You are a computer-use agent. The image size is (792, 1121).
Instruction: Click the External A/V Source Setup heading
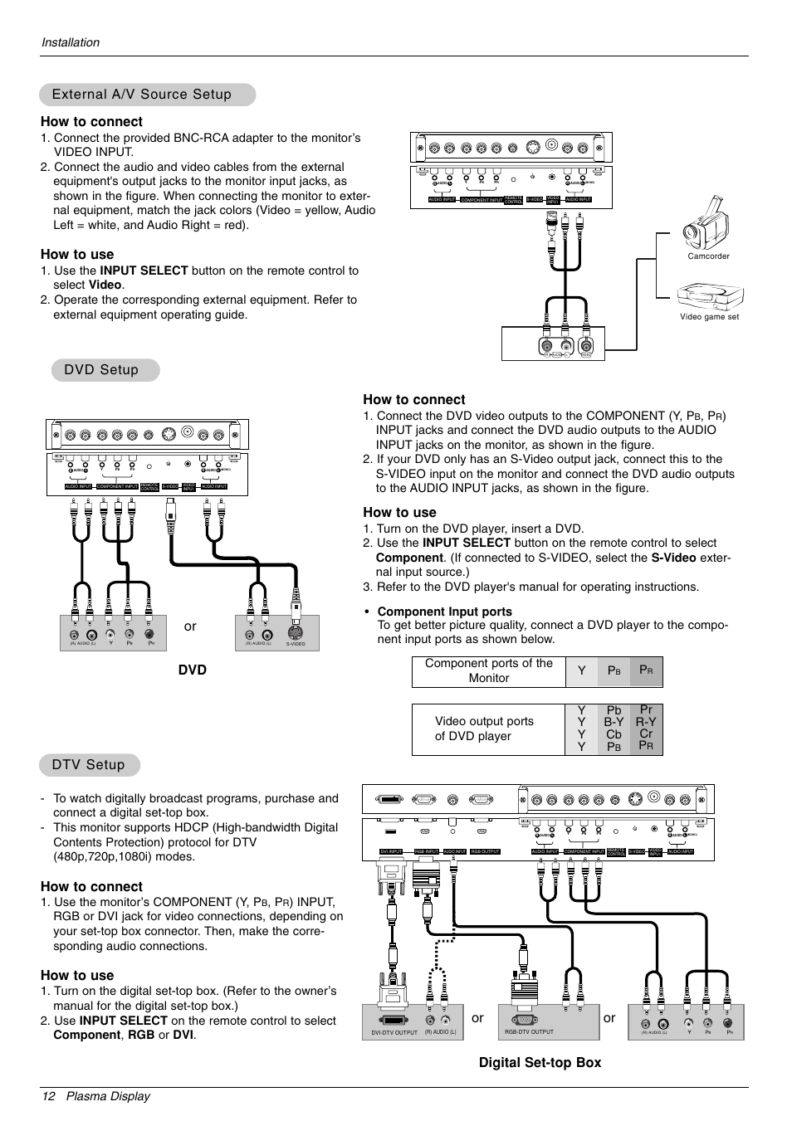pos(142,95)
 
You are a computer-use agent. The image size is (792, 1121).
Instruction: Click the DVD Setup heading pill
pos(101,370)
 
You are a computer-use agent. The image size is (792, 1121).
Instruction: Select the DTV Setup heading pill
pos(88,765)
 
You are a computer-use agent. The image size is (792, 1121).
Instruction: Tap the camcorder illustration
pos(706,224)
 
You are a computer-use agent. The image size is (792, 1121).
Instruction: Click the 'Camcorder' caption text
pos(708,256)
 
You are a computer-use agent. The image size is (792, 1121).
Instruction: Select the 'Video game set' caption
pos(709,317)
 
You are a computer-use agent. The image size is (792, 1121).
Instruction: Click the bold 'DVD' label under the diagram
pos(192,670)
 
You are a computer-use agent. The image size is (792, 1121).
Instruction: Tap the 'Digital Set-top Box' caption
pos(540,1062)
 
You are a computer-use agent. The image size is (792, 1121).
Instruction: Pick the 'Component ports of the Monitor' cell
pos(489,670)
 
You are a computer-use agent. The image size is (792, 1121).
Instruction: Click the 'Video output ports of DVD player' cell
pos(484,729)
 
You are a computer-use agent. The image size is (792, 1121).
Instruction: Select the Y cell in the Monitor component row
pos(582,670)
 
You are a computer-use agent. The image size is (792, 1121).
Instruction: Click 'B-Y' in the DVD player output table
pos(614,722)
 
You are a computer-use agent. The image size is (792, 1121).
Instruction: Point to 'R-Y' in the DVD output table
pos(646,722)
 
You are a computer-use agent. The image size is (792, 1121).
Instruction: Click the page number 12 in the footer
pos(48,1096)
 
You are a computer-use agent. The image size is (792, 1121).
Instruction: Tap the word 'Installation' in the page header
pos(71,42)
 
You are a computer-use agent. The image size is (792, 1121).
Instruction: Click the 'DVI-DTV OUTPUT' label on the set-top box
pos(394,1033)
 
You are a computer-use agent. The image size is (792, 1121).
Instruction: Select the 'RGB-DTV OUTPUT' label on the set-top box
pos(529,1032)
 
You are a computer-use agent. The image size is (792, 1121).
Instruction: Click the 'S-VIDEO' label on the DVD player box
pos(296,644)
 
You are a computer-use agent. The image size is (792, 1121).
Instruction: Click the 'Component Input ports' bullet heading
pos(444,612)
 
